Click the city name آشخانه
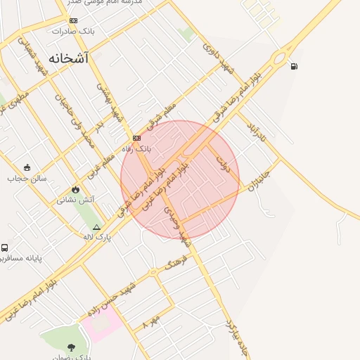pos(70,58)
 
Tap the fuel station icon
pos(293,67)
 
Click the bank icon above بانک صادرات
pos(73,20)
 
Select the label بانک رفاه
pos(137,149)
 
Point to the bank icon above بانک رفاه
pos(136,138)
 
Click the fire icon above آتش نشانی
pos(76,189)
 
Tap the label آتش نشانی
pos(76,200)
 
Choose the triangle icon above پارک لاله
pos(97,228)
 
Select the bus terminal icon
pos(5,248)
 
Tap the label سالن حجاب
pos(27,178)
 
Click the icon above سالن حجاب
pos(27,167)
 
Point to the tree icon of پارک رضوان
pos(71,347)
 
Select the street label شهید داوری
pos(217,58)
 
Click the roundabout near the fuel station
pos(283,56)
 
